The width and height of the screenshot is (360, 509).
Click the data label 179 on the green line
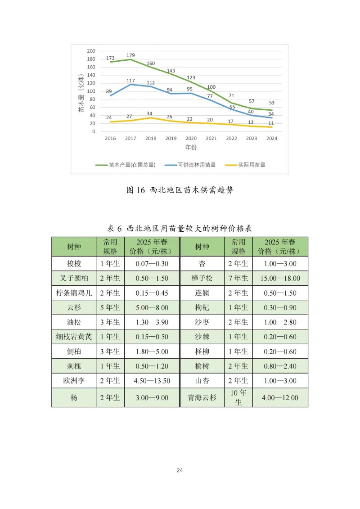pyautogui.click(x=130, y=55)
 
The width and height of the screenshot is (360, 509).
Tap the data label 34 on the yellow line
pyautogui.click(x=151, y=113)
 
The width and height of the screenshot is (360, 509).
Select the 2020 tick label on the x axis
pyautogui.click(x=191, y=138)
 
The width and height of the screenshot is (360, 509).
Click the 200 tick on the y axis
pyautogui.click(x=91, y=51)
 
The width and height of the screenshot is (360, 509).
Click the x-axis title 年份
pyautogui.click(x=191, y=147)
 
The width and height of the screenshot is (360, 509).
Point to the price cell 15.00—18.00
pyautogui.click(x=280, y=279)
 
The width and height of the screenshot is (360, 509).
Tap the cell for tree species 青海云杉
pyautogui.click(x=202, y=398)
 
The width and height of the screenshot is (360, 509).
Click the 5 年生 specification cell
pyautogui.click(x=110, y=308)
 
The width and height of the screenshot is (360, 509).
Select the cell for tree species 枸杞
pyautogui.click(x=202, y=308)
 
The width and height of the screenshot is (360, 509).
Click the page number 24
pyautogui.click(x=180, y=470)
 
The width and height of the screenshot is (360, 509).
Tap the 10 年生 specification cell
pyautogui.click(x=238, y=398)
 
